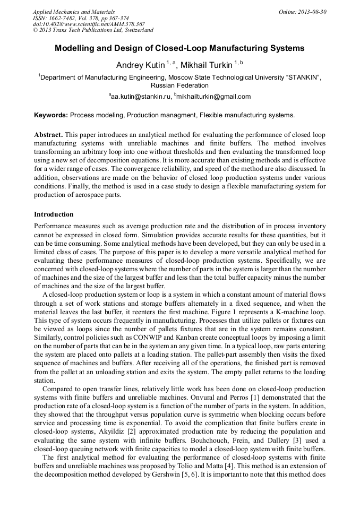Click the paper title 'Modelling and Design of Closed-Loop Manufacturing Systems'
coord(179,48)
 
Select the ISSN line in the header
coord(81,18)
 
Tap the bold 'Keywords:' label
coord(51,115)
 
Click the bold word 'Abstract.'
coord(48,135)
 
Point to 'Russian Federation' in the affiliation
coord(179,85)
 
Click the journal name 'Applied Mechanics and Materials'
coord(74,12)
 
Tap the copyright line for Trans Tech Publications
coord(93,30)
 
